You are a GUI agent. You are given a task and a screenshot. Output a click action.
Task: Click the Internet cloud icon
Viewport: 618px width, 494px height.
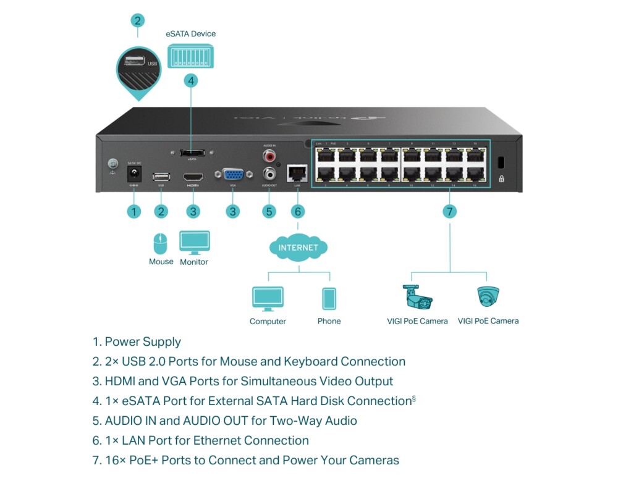pos(298,248)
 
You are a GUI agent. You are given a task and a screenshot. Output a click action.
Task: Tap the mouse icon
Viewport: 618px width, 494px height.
pos(161,244)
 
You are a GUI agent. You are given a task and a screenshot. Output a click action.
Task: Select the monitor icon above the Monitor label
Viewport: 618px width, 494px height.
pos(194,242)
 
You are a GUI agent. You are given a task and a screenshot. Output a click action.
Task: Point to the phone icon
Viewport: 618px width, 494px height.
pos(329,299)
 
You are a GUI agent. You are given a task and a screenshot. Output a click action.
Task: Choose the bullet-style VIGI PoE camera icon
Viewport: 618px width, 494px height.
pos(418,297)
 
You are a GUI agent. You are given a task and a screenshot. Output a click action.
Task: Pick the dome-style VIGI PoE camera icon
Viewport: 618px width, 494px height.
pos(488,297)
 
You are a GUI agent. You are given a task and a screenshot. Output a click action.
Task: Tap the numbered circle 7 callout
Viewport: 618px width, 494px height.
pos(450,211)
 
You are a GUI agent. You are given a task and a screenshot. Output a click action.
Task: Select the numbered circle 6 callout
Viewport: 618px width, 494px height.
pos(297,211)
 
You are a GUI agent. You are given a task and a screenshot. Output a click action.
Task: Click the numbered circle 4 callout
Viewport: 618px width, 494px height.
pos(191,80)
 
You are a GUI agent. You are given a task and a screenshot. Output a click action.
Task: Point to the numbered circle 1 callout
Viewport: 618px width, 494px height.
pos(134,211)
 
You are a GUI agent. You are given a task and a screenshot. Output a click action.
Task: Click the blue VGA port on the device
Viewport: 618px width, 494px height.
pos(232,175)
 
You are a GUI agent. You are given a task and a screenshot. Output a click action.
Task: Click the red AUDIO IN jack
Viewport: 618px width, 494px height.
pos(269,156)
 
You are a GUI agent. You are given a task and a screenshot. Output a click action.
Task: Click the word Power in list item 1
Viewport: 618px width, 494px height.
pos(122,341)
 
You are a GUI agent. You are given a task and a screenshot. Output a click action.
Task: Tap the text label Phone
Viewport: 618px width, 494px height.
pos(329,321)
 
